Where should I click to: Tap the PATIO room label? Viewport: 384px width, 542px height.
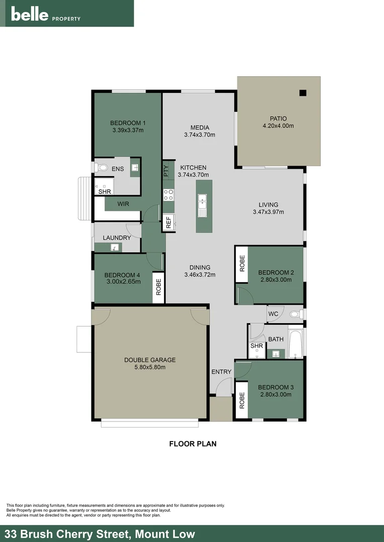point(278,118)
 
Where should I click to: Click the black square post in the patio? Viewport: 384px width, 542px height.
point(303,92)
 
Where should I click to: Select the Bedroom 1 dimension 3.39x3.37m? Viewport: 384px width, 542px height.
point(128,130)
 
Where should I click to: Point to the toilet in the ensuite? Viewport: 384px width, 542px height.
point(102,168)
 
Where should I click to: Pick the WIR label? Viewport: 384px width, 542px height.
point(123,204)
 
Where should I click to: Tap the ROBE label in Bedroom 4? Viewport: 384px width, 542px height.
point(158,287)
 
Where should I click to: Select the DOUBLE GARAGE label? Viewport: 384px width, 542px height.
point(149,360)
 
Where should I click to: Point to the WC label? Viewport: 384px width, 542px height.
point(273,314)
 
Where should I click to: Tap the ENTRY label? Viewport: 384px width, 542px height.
point(221,372)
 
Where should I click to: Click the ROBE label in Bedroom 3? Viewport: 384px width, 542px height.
point(242,400)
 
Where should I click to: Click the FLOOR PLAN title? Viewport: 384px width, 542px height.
point(193,444)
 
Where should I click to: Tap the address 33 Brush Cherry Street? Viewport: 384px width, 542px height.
point(100,534)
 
